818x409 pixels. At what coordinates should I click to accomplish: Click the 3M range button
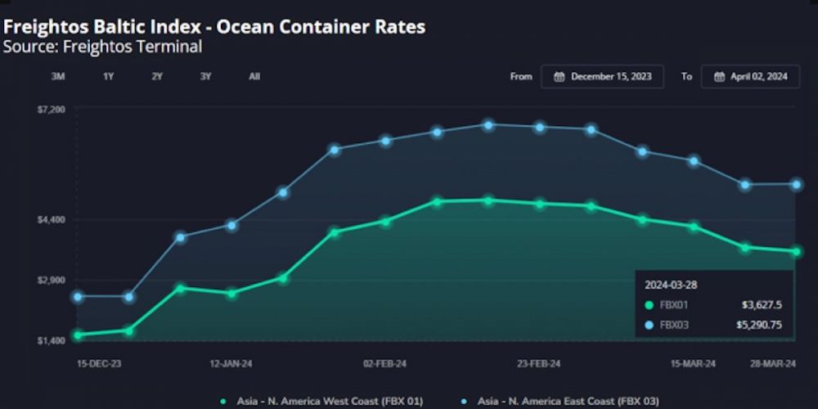pos(58,76)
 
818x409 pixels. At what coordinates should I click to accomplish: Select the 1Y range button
pos(108,76)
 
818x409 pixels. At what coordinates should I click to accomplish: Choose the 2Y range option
pos(157,76)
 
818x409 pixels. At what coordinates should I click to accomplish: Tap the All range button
pos(254,76)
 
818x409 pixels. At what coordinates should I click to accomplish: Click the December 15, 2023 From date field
pos(602,76)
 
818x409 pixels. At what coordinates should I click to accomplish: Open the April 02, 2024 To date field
pos(750,76)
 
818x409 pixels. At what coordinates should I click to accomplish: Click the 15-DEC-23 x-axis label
pos(98,362)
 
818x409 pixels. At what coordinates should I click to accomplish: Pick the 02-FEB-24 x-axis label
pos(384,362)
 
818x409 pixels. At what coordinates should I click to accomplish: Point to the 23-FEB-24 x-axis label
pos(539,362)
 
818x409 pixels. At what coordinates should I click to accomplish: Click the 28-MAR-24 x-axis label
pos(774,362)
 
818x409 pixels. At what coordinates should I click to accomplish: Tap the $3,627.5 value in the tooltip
pos(762,305)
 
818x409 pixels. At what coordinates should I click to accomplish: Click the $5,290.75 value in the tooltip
pos(758,325)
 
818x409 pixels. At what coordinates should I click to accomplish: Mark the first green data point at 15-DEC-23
pos(78,335)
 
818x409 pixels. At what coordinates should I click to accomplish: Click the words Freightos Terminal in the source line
pos(151,47)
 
